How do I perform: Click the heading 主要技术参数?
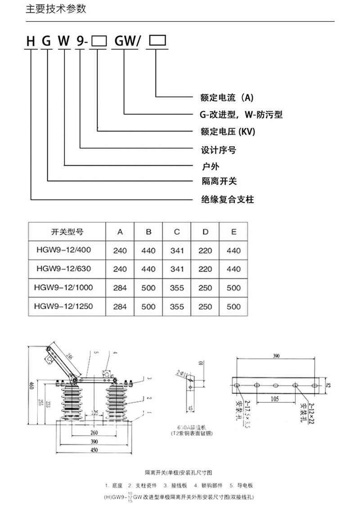pyautogui.click(x=56, y=9)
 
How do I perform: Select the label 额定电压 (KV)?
pyautogui.click(x=228, y=132)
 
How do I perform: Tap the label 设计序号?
pyautogui.click(x=218, y=150)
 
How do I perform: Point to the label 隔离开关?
pyautogui.click(x=218, y=181)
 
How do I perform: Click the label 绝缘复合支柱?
pyautogui.click(x=227, y=199)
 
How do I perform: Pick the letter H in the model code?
pyautogui.click(x=31, y=41)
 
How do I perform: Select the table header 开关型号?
pyautogui.click(x=67, y=232)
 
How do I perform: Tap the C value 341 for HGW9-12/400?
pyautogui.click(x=177, y=250)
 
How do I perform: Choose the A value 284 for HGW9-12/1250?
pyautogui.click(x=120, y=307)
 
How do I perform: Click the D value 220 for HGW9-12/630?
pyautogui.click(x=205, y=269)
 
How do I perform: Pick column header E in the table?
pyautogui.click(x=234, y=232)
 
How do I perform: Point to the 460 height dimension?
pyautogui.click(x=31, y=385)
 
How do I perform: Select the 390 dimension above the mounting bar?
pyautogui.click(x=276, y=356)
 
